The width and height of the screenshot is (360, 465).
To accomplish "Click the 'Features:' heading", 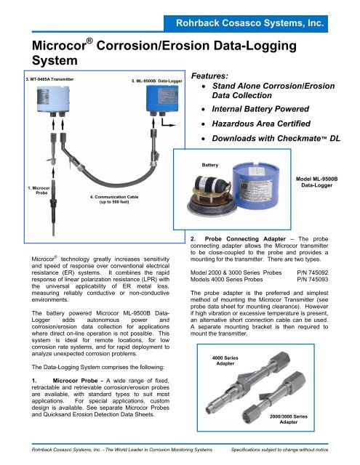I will (217, 76).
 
